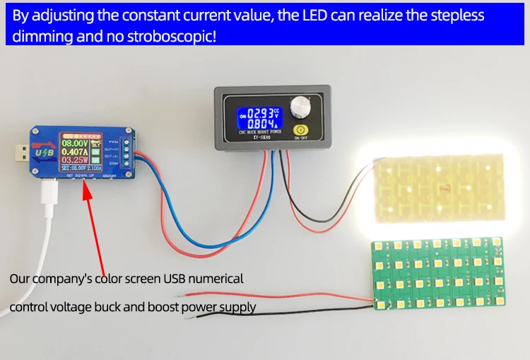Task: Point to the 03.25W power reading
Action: coord(76,161)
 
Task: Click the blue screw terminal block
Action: coord(124,150)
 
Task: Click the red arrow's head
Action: coord(87,185)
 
